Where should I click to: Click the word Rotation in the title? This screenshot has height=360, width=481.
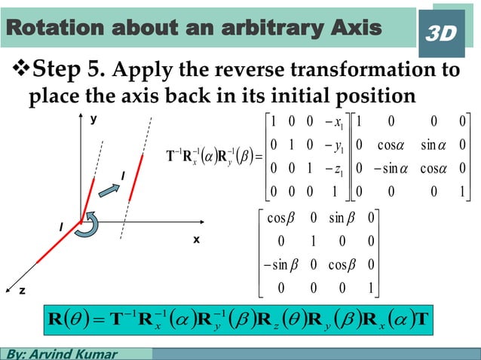(49, 28)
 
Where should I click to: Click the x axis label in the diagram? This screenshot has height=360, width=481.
(195, 239)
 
